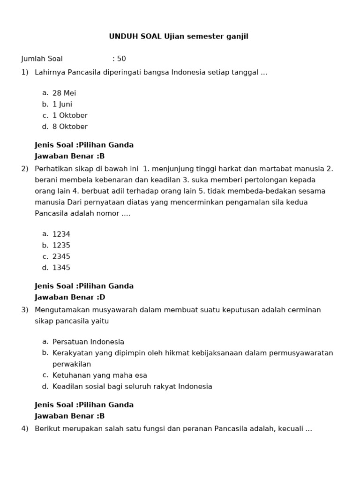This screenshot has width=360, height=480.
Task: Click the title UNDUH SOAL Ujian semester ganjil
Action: click(179, 37)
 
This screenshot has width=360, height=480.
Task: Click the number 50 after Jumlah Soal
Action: click(121, 59)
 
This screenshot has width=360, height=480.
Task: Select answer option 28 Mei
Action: click(64, 93)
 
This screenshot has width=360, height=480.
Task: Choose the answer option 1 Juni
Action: click(62, 105)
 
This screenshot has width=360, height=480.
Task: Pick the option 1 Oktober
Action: click(70, 116)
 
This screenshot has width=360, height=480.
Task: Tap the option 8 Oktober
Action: click(70, 127)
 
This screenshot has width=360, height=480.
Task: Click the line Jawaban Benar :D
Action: click(70, 297)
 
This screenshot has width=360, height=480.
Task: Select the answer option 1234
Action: click(61, 234)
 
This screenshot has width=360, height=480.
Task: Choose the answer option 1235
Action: click(61, 246)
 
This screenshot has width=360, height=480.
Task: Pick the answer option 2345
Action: click(61, 257)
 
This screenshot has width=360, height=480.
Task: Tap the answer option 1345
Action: click(61, 268)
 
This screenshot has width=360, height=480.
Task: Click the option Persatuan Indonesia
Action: click(88, 342)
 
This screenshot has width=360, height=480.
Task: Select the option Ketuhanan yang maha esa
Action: click(100, 375)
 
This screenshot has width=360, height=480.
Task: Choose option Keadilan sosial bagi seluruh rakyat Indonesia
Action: click(132, 387)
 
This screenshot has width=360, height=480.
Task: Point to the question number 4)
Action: click(25, 428)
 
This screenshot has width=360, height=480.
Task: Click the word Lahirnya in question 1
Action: click(50, 72)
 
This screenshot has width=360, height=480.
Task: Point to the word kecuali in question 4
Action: click(290, 428)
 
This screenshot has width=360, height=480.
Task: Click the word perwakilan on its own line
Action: click(72, 364)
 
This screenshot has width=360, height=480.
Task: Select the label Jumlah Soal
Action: click(42, 59)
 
